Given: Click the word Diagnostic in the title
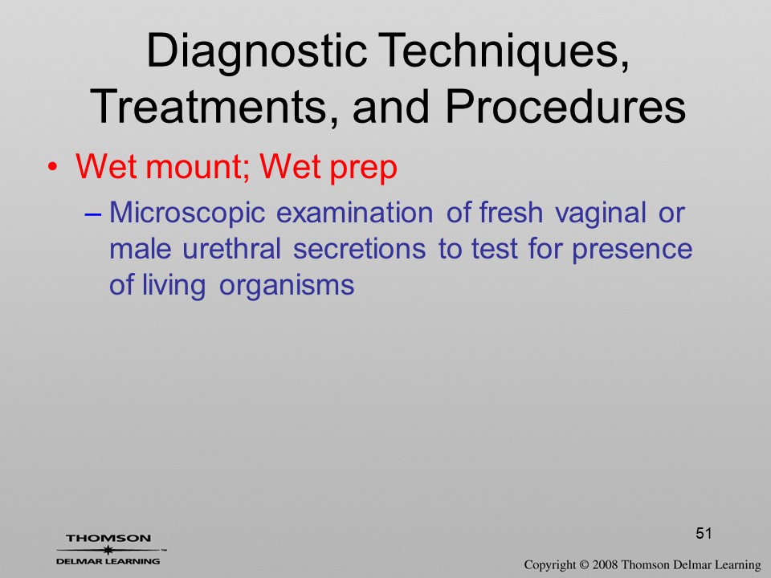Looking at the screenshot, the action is tap(256, 51).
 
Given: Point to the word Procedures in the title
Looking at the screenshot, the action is tap(565, 107).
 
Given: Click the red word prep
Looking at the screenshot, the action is tap(363, 168).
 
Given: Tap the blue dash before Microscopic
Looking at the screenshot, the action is tap(92, 214).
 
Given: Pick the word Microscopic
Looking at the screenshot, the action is tap(187, 214).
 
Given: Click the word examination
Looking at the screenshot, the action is tap(354, 212).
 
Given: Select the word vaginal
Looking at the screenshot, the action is tap(601, 214).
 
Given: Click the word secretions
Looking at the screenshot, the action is tap(360, 249).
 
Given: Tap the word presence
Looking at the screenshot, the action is tap(632, 250).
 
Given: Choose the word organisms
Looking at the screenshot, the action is tap(287, 286).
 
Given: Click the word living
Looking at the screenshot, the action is tap(173, 285).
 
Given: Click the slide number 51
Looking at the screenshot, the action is tap(704, 533).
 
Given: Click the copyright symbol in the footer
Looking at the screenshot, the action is tap(584, 565).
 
